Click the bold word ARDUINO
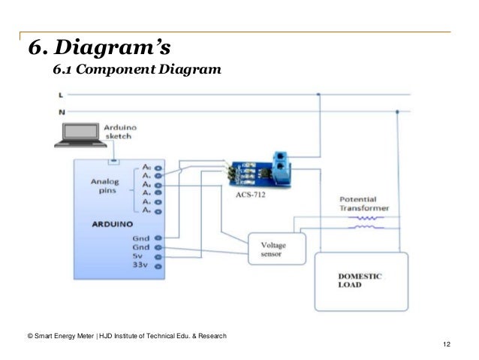[113, 224]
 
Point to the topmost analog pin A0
[149, 167]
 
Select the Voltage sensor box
[276, 249]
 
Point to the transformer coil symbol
[368, 222]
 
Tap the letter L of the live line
[60, 95]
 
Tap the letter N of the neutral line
[60, 111]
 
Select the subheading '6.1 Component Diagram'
[137, 71]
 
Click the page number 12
[447, 344]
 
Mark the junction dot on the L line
[319, 95]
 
